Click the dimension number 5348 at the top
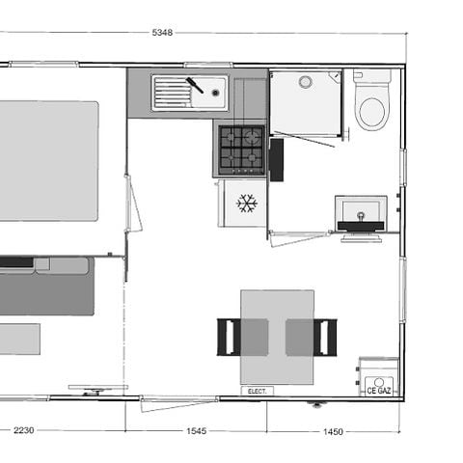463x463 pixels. click(162, 33)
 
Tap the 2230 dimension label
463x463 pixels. click(23, 431)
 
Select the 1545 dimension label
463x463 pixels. click(196, 431)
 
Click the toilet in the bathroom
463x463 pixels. click(371, 109)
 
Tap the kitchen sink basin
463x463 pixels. click(208, 94)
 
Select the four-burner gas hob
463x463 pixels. click(240, 148)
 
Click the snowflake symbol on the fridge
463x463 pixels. click(247, 204)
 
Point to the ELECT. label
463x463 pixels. click(257, 391)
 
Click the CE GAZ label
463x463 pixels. click(378, 391)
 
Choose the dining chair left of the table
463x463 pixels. click(228, 337)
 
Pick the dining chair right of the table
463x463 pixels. click(325, 337)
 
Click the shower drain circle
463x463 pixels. click(306, 81)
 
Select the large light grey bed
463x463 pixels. click(46, 160)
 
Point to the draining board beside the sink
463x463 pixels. click(172, 94)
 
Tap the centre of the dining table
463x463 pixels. click(277, 337)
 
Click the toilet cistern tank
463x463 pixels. click(371, 77)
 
